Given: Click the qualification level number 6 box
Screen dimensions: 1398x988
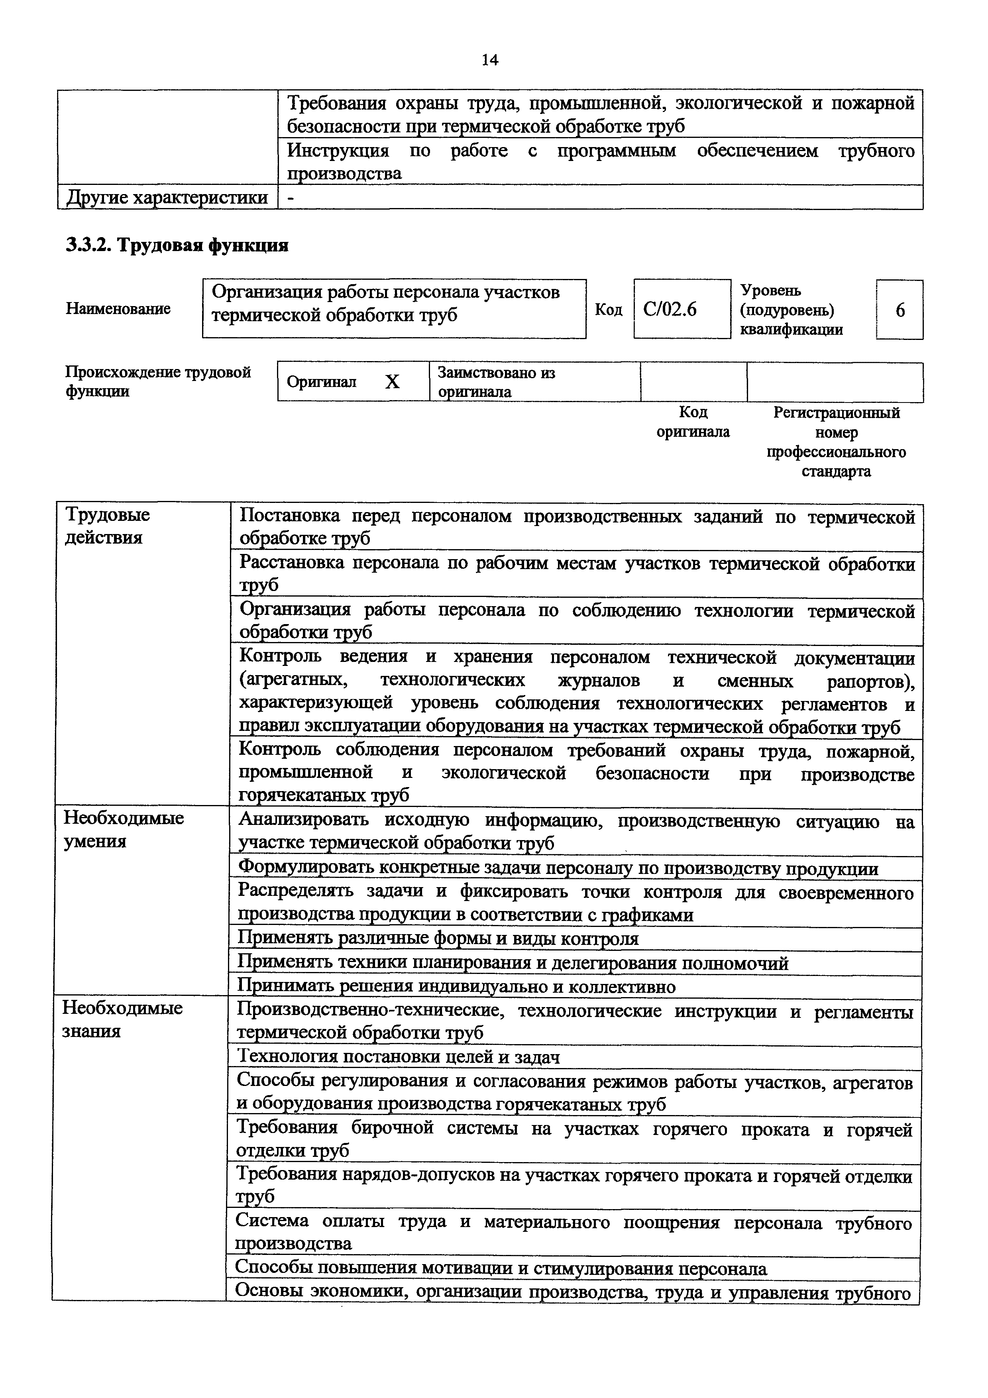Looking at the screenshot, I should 900,310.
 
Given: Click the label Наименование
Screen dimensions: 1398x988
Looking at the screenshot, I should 118,309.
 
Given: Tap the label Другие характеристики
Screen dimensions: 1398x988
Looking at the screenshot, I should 167,197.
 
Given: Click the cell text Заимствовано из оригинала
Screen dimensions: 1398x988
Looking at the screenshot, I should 496,382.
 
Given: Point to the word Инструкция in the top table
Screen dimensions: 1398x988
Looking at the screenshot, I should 338,150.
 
